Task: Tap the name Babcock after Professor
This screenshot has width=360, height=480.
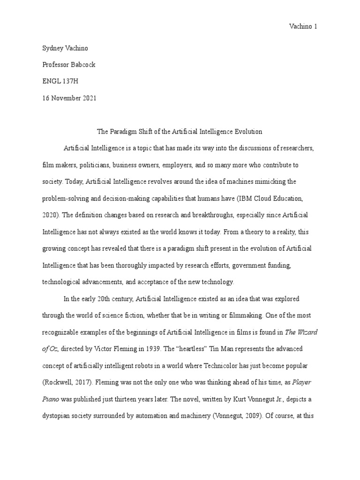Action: (x=84, y=65)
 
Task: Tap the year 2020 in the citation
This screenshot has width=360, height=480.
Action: (x=50, y=215)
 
